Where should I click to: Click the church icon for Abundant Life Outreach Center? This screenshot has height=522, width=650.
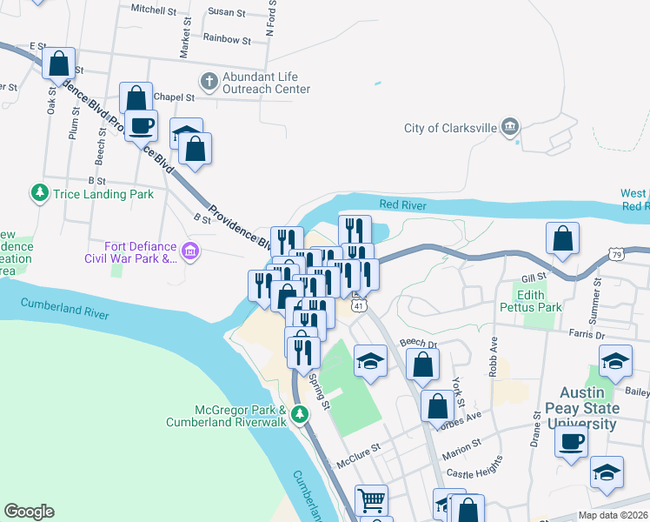coord(209,82)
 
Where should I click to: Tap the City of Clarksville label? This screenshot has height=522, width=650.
coord(451,129)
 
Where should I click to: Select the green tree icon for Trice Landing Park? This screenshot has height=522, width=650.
coord(39,193)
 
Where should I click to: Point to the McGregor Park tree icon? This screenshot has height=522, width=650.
coord(300,413)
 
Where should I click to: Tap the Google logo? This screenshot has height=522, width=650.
coord(29,512)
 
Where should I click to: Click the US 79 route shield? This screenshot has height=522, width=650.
coord(616,254)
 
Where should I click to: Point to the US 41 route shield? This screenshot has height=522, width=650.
coord(357,305)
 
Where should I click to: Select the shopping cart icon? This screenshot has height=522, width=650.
coord(371,500)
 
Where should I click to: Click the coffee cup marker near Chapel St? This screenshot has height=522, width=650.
coord(141,126)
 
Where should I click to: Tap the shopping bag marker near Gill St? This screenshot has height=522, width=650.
coord(563,240)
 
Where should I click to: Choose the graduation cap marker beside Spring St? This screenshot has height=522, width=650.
coord(370,363)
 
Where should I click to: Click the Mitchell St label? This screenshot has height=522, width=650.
coord(154,10)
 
